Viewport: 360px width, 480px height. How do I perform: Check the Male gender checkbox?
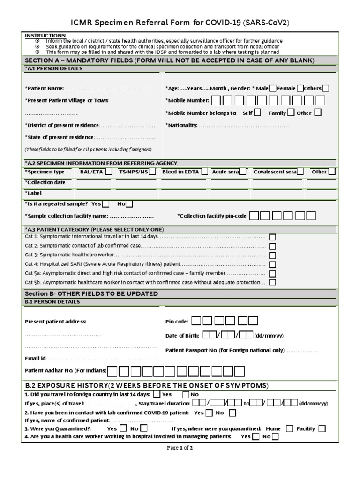[x=273, y=88]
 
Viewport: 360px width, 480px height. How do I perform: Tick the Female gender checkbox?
[x=300, y=88]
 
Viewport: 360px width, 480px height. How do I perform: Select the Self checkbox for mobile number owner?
[x=257, y=112]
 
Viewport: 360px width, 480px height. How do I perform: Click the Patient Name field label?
[x=44, y=89]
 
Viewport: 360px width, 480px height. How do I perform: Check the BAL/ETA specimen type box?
[x=108, y=172]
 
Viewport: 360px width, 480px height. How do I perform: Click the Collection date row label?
[x=45, y=182]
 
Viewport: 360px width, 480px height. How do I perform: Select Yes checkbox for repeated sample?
[x=106, y=204]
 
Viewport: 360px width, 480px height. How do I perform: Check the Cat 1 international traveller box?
[x=272, y=238]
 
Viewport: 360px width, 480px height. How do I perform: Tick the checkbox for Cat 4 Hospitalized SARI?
[x=272, y=264]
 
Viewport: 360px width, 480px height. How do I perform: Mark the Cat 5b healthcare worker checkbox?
[x=272, y=282]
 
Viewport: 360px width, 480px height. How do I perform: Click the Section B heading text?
[x=91, y=293]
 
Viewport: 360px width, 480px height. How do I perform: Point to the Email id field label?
[x=36, y=359]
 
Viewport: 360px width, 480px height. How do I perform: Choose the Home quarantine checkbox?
[x=290, y=428]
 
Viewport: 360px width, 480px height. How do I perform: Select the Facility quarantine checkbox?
[x=322, y=428]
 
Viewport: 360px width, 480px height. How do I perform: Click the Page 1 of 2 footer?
[x=180, y=448]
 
